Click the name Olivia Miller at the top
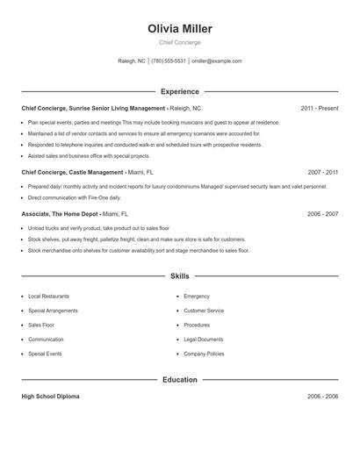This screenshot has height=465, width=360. (180, 29)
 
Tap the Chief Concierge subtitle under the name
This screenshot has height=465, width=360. (180, 42)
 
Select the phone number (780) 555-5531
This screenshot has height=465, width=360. (169, 61)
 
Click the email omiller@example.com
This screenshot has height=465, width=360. (216, 61)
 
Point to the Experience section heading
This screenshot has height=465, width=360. (180, 91)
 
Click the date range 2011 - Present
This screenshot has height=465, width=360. (319, 108)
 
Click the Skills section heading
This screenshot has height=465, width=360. (180, 275)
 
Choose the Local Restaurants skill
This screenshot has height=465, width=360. (48, 297)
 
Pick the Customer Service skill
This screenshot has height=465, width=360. (204, 311)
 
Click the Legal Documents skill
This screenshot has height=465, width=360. (204, 339)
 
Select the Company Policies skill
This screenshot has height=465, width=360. (204, 354)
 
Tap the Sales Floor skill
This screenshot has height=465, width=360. (42, 325)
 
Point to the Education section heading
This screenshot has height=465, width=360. (180, 380)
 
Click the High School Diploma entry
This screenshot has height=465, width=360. (50, 397)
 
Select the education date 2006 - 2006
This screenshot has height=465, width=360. (322, 397)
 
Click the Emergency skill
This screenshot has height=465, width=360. (197, 297)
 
